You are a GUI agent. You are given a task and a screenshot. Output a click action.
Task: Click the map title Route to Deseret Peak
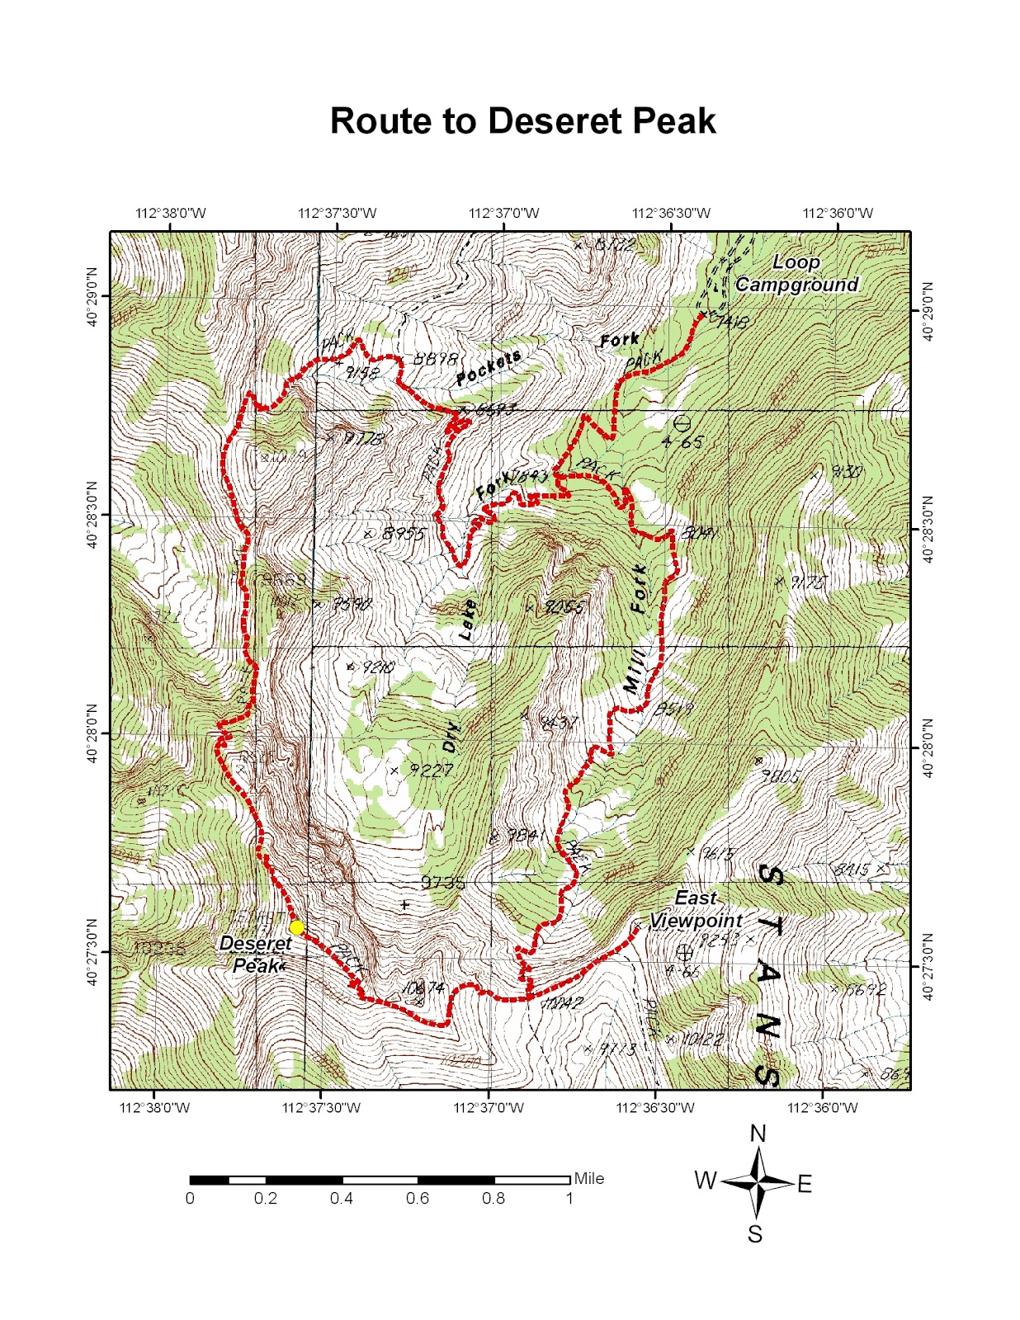pyautogui.click(x=522, y=121)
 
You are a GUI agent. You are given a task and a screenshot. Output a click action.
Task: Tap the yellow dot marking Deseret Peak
pyautogui.click(x=296, y=927)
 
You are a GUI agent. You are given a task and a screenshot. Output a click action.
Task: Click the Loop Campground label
pyautogui.click(x=796, y=274)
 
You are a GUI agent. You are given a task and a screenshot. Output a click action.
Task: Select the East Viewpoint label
pyautogui.click(x=696, y=909)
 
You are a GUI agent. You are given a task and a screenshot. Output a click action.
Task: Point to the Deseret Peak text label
pyautogui.click(x=256, y=954)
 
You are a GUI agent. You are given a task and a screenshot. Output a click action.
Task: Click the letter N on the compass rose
pyautogui.click(x=758, y=1134)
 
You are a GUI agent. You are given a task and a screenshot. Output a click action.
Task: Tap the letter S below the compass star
pyautogui.click(x=755, y=1234)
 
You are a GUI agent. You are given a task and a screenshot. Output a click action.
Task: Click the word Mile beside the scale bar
pyautogui.click(x=589, y=1178)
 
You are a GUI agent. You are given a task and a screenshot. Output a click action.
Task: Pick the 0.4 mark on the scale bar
pyautogui.click(x=342, y=1198)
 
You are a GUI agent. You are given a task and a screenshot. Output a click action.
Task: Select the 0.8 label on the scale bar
pyautogui.click(x=493, y=1198)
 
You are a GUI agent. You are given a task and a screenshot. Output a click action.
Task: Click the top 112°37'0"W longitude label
pyautogui.click(x=503, y=213)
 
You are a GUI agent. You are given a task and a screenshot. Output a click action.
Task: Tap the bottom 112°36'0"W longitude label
pyautogui.click(x=823, y=1107)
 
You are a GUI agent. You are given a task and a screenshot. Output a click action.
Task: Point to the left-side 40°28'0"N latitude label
pyautogui.click(x=92, y=733)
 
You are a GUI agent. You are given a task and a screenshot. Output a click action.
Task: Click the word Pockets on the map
pyautogui.click(x=489, y=368)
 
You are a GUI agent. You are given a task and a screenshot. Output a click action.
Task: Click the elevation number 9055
pyautogui.click(x=564, y=607)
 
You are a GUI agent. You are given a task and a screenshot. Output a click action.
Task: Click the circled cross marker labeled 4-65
pyautogui.click(x=682, y=423)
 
